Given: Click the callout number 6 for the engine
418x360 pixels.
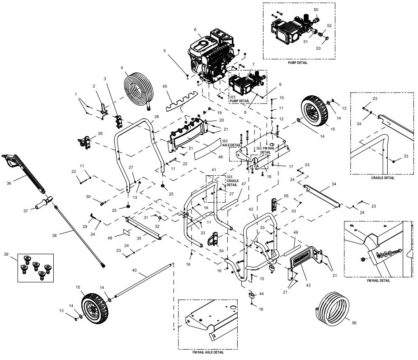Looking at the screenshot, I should pyautogui.click(x=195, y=29).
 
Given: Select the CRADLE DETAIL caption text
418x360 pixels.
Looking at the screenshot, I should pyautogui.click(x=382, y=178).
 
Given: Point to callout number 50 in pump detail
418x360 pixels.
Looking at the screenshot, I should pyautogui.click(x=316, y=9).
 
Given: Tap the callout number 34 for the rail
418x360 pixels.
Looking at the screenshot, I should pyautogui.click(x=334, y=184).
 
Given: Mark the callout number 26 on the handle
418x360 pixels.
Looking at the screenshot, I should pyautogui.click(x=156, y=117).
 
